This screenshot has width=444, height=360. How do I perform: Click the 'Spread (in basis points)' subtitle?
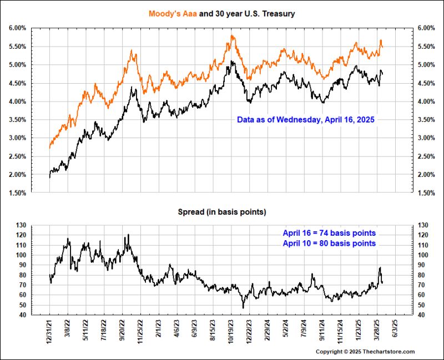(x=221, y=212)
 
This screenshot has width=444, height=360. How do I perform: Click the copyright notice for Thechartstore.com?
(x=365, y=352)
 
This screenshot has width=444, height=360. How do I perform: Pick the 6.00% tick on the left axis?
(x=17, y=28)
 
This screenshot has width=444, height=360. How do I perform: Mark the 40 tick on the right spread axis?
(x=421, y=315)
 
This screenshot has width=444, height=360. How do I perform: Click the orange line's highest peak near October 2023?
(x=232, y=36)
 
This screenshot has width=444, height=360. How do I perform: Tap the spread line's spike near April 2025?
(x=380, y=268)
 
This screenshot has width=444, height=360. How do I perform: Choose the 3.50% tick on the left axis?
(x=17, y=120)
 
